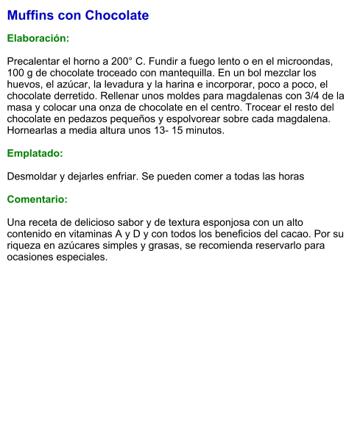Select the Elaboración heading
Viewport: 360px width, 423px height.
pyautogui.click(x=38, y=38)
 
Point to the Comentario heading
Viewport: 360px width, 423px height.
pyautogui.click(x=38, y=199)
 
